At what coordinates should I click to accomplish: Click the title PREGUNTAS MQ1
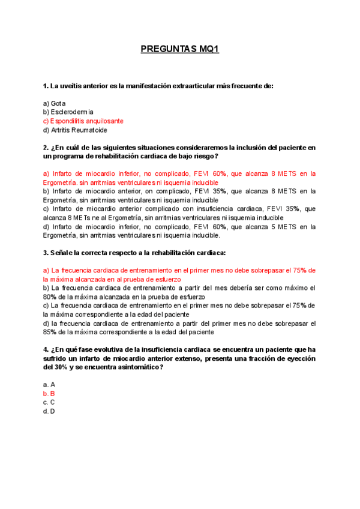(x=179, y=49)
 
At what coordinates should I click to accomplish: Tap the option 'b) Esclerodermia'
(x=68, y=112)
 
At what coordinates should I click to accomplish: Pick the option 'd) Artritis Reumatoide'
(x=75, y=130)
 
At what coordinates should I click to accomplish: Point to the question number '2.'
(x=46, y=147)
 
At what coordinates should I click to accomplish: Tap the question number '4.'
(x=46, y=349)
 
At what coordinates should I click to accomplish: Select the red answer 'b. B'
(x=49, y=394)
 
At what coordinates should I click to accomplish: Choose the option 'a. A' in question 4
(x=49, y=385)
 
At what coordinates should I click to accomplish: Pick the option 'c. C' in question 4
(x=49, y=403)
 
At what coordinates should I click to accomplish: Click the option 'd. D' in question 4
(x=49, y=411)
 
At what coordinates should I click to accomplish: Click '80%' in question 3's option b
(x=50, y=297)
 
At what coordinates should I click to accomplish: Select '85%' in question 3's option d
(x=50, y=332)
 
